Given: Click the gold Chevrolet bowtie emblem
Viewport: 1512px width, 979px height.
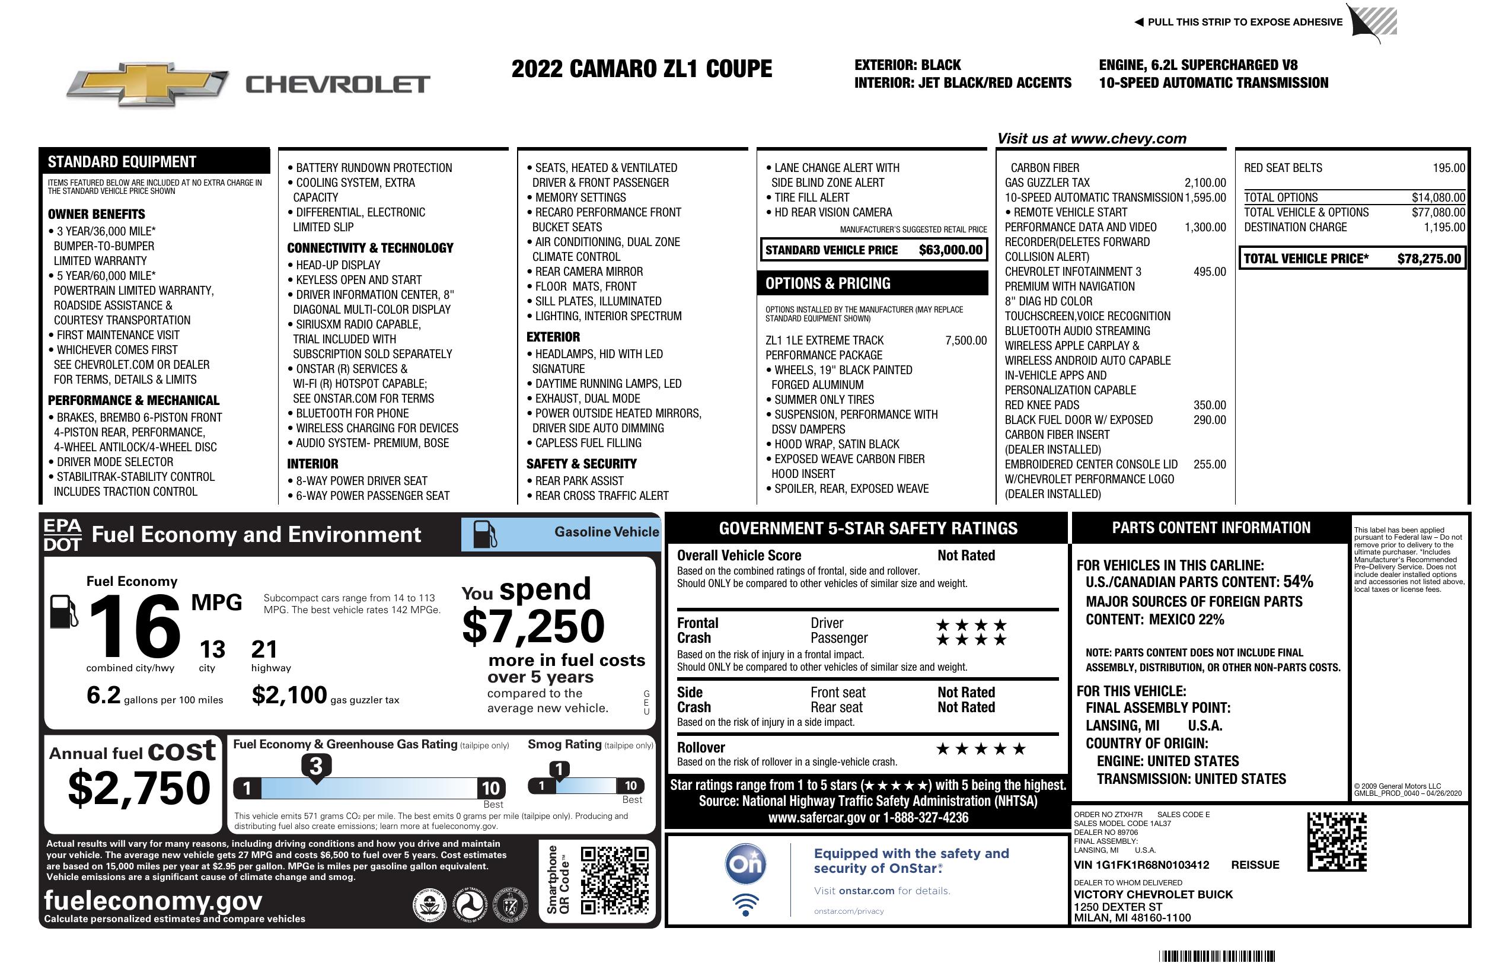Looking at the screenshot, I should tap(148, 84).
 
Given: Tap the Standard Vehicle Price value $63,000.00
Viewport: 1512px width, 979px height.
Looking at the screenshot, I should tap(950, 250).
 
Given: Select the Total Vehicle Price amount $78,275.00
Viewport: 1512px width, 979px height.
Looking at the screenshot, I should tap(1429, 259).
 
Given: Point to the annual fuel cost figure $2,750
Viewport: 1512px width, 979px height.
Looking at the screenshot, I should tap(139, 789).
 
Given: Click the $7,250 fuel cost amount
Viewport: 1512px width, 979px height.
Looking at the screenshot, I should tap(533, 626).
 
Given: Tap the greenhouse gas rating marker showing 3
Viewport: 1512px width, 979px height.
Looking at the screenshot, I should tap(315, 766).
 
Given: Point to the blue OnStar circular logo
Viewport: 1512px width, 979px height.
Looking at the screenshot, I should tap(745, 864).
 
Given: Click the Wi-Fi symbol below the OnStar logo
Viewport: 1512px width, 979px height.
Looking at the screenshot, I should tap(745, 904).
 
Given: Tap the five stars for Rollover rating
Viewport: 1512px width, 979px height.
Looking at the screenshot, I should tap(980, 749).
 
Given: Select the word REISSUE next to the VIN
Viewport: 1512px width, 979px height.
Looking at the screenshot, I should tap(1255, 865).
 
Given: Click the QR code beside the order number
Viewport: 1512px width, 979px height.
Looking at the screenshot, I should tap(1336, 841).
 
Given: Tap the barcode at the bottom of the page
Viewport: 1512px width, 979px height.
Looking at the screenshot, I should tap(1217, 956).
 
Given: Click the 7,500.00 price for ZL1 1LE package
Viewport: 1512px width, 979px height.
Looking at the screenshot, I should tap(966, 340).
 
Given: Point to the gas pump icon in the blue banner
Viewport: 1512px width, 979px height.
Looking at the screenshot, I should tap(485, 534).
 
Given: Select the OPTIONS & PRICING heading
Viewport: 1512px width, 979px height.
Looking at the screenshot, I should tap(827, 283).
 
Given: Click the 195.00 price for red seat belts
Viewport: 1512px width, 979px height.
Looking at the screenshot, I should tap(1449, 168).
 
